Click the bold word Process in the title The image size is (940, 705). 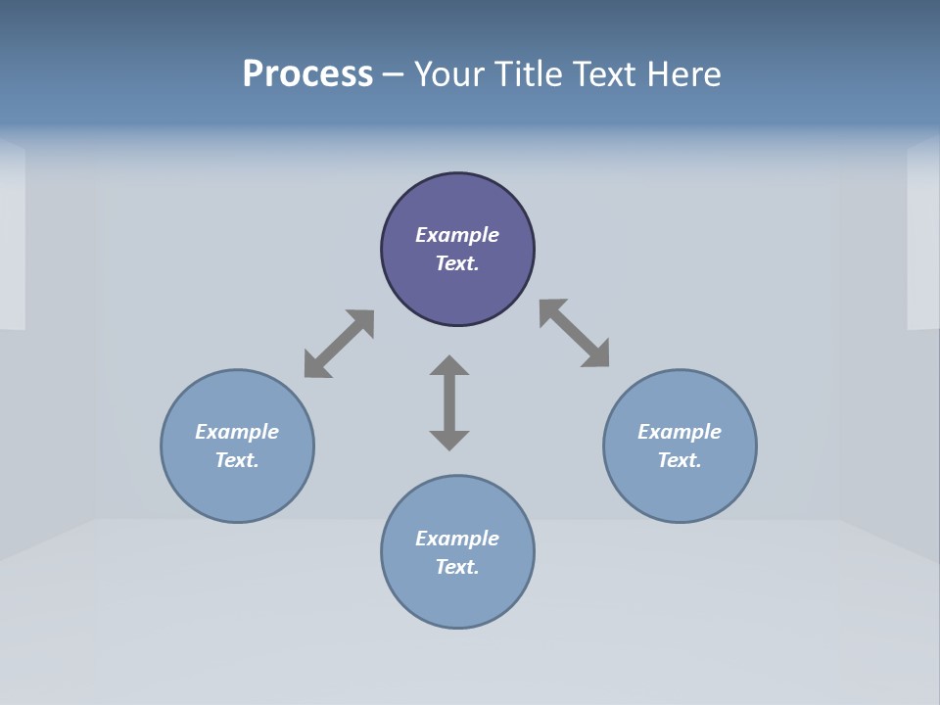[x=307, y=74]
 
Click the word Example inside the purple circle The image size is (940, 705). [x=457, y=235]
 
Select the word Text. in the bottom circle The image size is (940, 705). [x=457, y=567]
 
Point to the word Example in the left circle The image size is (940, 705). [x=237, y=432]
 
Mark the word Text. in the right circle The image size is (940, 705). [x=680, y=460]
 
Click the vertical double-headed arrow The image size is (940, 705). [x=449, y=402]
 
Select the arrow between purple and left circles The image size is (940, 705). [x=339, y=344]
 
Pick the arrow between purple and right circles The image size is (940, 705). [x=574, y=334]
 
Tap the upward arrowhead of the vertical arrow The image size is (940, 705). [x=449, y=366]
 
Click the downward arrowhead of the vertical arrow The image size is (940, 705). [x=449, y=439]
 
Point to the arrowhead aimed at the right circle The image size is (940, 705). [x=596, y=354]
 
